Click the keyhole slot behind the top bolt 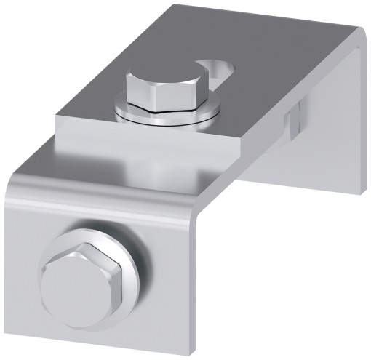click(222, 69)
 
